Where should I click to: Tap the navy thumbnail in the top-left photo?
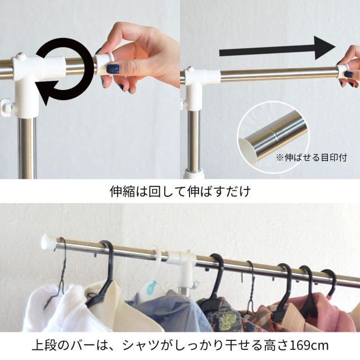point(113,69)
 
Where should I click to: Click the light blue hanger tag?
point(151,288)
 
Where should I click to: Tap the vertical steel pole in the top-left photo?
point(26,146)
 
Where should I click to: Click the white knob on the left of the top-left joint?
point(6,106)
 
